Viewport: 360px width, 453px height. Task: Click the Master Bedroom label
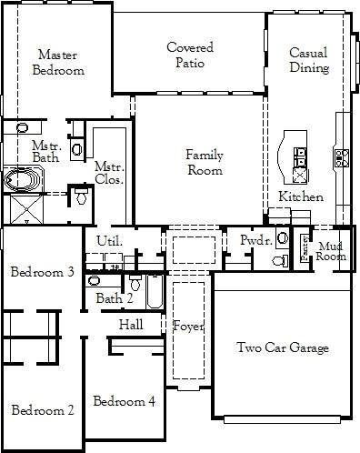point(58,63)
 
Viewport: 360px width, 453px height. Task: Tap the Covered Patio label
point(190,55)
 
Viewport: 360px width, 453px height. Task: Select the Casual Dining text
point(309,60)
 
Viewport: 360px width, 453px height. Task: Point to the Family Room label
point(205,162)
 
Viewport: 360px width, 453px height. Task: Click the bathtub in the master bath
point(24,179)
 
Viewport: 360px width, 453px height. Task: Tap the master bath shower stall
point(26,209)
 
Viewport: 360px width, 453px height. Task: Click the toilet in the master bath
point(81,196)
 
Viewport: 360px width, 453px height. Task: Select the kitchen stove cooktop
point(342,158)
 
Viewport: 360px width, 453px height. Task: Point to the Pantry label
point(305,248)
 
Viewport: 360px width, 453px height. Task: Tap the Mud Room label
point(331,251)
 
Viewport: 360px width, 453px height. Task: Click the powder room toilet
point(280,260)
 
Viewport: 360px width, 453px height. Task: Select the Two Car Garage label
point(283,347)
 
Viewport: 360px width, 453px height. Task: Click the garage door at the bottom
point(283,419)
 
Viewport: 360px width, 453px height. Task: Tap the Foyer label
point(188,327)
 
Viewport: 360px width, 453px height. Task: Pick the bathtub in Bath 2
point(155,292)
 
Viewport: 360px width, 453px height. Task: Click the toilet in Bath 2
point(135,283)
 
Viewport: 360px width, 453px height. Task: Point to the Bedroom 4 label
point(125,401)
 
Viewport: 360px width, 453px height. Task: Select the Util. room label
point(110,241)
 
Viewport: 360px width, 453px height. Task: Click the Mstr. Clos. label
point(109,173)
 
